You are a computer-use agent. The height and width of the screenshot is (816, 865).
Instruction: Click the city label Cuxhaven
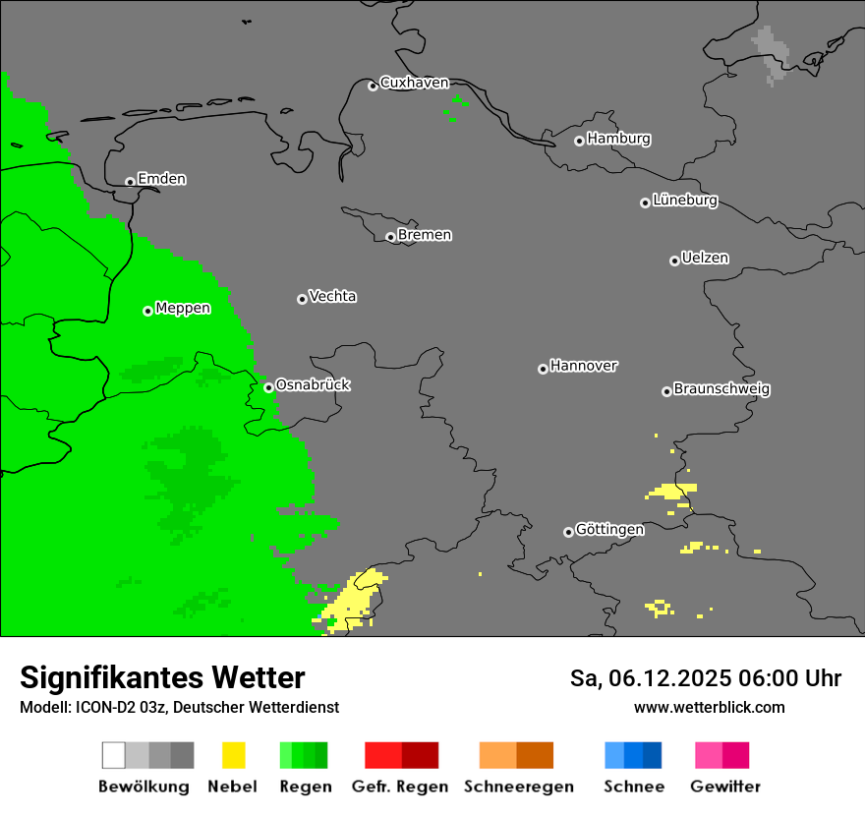point(414,83)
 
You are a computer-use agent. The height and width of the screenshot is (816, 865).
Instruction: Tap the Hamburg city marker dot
point(579,141)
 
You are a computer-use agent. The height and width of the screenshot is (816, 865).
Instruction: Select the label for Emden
point(161,179)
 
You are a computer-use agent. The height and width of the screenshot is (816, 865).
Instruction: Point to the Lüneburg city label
point(684,200)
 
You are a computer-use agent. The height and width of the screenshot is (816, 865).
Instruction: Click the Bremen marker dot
point(390,237)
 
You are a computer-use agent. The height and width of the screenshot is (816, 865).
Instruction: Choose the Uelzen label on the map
point(705,258)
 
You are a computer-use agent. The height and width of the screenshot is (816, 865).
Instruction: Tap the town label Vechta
point(332,296)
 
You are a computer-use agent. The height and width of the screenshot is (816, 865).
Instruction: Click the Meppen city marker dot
point(147,311)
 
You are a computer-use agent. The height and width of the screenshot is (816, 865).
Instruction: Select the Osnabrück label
point(313,384)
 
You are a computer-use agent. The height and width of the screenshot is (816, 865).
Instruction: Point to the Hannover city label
point(584,366)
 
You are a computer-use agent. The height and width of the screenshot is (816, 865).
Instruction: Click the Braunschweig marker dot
point(666,391)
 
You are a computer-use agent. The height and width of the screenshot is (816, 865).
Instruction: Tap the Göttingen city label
point(609,529)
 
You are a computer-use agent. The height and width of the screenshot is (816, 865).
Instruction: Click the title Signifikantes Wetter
point(162,677)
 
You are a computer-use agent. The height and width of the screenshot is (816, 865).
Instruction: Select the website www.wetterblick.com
point(709,707)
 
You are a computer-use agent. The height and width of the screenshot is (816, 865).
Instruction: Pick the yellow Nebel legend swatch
point(233,755)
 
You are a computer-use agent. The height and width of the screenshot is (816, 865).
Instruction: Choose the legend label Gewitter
point(724,787)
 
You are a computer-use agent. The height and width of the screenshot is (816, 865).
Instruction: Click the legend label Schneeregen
point(518,787)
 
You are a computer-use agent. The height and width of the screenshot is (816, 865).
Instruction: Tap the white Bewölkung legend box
point(113,755)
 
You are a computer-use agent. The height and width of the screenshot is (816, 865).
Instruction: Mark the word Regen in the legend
point(305,787)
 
